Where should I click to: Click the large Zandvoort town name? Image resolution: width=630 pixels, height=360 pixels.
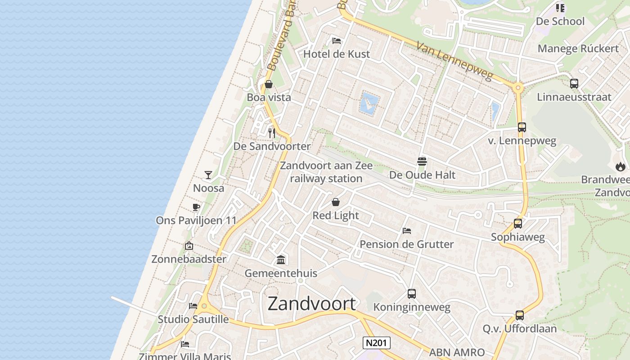pyautogui.click(x=311, y=304)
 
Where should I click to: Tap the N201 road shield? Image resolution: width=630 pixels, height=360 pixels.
pyautogui.click(x=376, y=343)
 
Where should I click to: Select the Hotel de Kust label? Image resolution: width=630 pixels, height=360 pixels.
pyautogui.click(x=337, y=54)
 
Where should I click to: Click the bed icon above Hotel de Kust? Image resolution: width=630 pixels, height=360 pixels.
pyautogui.click(x=337, y=41)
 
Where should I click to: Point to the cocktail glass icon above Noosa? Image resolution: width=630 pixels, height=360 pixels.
pyautogui.click(x=208, y=175)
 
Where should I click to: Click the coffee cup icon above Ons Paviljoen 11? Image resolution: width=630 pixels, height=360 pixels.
pyautogui.click(x=196, y=207)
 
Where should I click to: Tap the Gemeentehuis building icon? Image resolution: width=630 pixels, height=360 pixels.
pyautogui.click(x=281, y=260)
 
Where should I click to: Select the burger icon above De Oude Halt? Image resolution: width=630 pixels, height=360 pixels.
pyautogui.click(x=422, y=161)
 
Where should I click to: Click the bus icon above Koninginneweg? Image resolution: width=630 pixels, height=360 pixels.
pyautogui.click(x=412, y=294)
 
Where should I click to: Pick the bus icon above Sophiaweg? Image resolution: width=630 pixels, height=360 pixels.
pyautogui.click(x=518, y=223)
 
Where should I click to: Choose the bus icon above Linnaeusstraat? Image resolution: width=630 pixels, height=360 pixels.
pyautogui.click(x=574, y=83)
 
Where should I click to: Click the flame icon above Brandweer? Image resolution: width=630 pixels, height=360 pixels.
pyautogui.click(x=621, y=166)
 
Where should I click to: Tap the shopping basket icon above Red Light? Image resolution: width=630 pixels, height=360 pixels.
pyautogui.click(x=336, y=202)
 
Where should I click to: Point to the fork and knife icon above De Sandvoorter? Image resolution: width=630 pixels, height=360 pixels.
pyautogui.click(x=272, y=133)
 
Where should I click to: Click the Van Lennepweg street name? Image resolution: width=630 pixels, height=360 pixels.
pyautogui.click(x=454, y=61)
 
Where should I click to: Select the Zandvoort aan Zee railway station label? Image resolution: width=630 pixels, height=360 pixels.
pyautogui.click(x=326, y=172)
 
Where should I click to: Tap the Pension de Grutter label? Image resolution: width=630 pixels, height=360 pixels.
pyautogui.click(x=406, y=244)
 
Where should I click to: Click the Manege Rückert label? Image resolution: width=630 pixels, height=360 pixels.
pyautogui.click(x=578, y=49)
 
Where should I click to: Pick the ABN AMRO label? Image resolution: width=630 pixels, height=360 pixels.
pyautogui.click(x=457, y=352)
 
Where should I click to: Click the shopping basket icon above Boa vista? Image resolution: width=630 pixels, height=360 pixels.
pyautogui.click(x=269, y=84)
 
